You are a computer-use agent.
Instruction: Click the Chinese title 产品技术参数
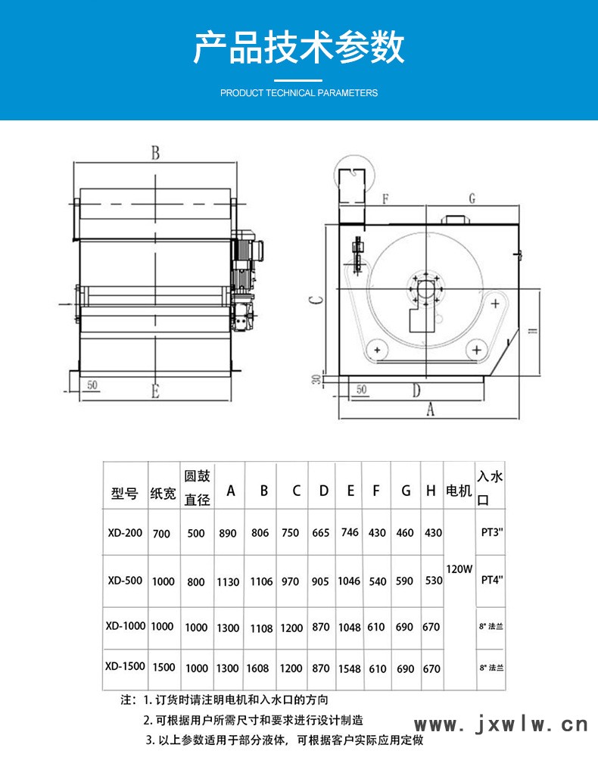(x=298, y=47)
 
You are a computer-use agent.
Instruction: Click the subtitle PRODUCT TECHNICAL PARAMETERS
(x=298, y=93)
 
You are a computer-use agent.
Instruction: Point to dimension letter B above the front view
(x=154, y=153)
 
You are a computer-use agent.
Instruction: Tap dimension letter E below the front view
(x=154, y=391)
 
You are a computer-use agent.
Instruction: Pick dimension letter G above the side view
(x=472, y=198)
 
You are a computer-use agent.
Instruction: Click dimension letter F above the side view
(x=385, y=199)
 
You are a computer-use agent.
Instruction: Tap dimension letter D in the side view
(x=416, y=391)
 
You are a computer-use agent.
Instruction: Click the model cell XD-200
(x=124, y=533)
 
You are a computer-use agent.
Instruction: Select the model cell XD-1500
(x=124, y=668)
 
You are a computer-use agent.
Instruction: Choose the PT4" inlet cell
(x=491, y=581)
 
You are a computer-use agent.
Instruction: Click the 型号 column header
(x=124, y=494)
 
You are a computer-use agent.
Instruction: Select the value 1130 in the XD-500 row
(x=228, y=582)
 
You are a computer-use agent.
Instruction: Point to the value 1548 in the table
(x=350, y=668)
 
